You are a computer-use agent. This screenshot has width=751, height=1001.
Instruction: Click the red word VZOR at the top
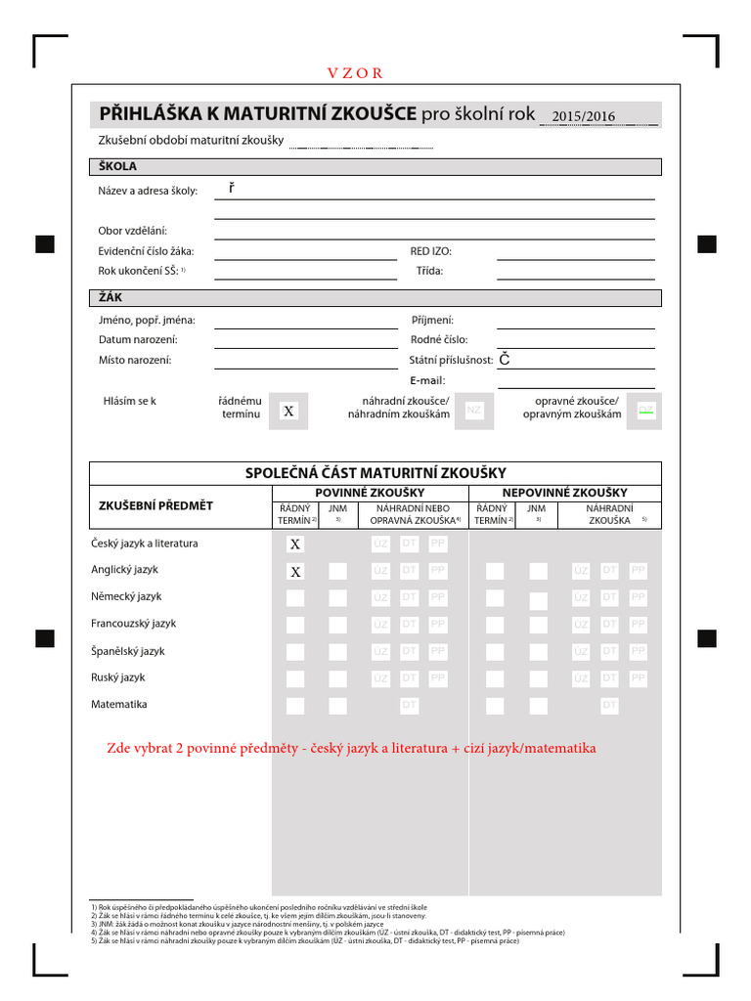coord(355,73)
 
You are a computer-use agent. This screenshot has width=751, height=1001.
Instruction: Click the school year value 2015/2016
coord(583,116)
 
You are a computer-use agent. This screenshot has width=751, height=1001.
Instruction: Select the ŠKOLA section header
coord(118,166)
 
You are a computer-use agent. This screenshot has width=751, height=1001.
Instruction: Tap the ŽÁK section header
coord(110,296)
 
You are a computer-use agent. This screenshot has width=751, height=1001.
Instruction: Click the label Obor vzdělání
coord(133,231)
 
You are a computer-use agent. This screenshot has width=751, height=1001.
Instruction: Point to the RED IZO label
coord(430,251)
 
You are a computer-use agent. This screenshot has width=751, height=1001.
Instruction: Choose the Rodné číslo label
coord(439,340)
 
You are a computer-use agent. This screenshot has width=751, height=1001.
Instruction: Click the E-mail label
coord(427,380)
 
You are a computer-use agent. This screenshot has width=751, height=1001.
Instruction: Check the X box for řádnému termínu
coord(288,412)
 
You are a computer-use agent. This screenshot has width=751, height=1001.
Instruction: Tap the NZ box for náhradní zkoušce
coord(474,410)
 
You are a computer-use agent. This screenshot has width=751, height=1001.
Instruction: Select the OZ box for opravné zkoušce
coord(645,410)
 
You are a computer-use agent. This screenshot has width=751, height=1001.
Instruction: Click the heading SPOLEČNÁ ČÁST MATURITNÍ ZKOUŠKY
coord(375,473)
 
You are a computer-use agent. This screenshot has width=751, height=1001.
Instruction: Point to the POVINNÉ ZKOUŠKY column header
coord(370,493)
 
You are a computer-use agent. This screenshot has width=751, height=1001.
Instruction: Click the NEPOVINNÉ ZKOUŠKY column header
coord(565,493)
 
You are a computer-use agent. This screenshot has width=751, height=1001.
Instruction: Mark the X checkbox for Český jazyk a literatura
coord(295,544)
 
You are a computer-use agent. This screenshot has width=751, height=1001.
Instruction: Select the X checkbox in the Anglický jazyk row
coord(295,571)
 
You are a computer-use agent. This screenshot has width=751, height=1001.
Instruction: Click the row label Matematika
coord(119,704)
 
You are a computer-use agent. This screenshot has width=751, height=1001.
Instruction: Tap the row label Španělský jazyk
coord(127,650)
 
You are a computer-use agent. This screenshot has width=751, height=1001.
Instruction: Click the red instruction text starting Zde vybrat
coord(351,749)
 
